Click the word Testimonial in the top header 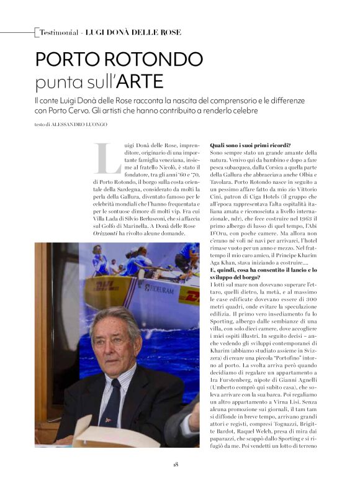[60, 32]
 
